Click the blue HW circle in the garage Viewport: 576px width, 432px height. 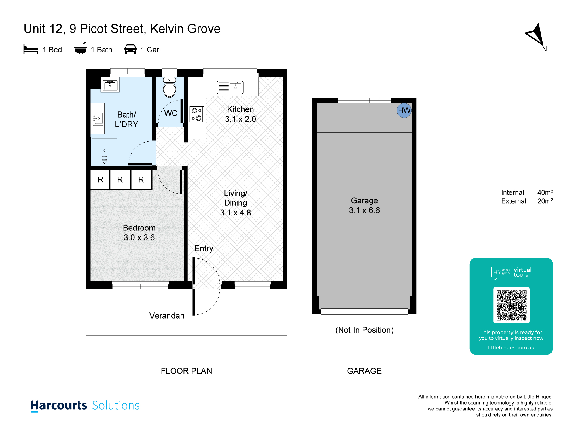404,110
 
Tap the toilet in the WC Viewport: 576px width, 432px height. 170,88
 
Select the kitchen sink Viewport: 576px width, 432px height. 230,87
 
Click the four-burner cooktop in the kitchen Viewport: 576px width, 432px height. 197,114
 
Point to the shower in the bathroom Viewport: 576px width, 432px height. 105,151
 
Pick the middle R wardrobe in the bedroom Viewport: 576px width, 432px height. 120,180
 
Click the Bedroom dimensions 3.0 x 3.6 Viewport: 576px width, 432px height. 139,238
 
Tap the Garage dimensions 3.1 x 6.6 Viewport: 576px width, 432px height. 364,211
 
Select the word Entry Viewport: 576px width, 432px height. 204,249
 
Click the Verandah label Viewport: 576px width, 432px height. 167,316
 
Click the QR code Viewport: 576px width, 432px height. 511,305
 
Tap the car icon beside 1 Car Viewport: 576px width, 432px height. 130,49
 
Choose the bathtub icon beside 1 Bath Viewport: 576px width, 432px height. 80,48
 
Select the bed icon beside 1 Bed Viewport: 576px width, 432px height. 31,49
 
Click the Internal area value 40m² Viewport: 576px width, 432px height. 545,192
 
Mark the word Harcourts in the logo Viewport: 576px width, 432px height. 59,406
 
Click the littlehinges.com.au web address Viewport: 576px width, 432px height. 511,348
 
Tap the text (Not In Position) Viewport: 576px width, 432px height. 364,330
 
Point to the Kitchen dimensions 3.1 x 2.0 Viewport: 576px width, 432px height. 240,119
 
